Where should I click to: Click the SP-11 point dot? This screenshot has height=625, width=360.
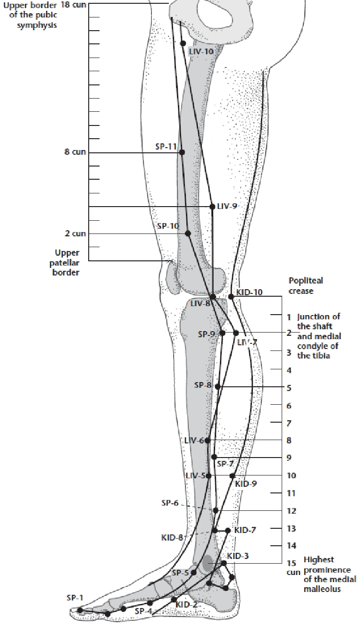coord(182,152)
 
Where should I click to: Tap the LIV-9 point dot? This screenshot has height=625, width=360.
coord(212,207)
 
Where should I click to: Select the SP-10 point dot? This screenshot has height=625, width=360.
coord(188,233)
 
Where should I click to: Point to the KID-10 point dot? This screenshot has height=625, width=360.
coord(231,297)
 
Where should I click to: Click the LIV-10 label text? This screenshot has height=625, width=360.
coord(201,51)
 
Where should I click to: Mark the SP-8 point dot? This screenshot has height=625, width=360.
coord(218,387)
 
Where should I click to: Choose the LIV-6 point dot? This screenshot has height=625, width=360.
coord(207,441)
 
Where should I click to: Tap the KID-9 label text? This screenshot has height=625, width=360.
coord(246,484)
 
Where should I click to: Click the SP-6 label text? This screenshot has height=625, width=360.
coord(170,503)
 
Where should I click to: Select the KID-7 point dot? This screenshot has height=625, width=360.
coord(228,531)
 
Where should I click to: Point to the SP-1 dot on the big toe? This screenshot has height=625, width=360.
coord(80,610)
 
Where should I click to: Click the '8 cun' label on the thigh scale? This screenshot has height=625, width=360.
coord(75,152)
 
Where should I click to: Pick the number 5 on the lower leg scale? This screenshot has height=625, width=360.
coord(289,388)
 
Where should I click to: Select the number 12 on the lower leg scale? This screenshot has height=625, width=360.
coord(291,511)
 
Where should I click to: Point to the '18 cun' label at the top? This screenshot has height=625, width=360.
coord(72,5)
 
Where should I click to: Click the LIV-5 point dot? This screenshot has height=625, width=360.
coord(209,475)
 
